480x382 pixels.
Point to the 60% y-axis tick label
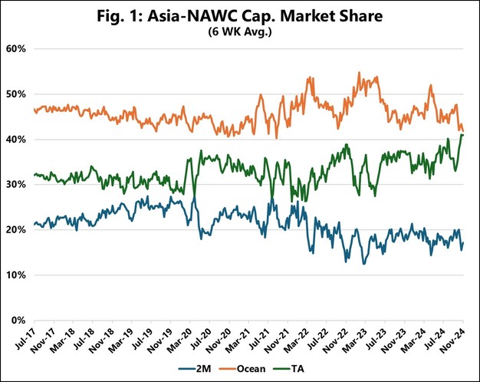click(x=17, y=49)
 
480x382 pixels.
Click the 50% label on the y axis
click(x=17, y=94)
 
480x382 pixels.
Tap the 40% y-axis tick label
click(x=17, y=140)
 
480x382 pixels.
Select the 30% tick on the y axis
click(x=17, y=185)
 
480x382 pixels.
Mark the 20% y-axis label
click(x=17, y=230)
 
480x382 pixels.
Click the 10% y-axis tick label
click(x=17, y=275)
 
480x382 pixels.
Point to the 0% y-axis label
click(x=19, y=320)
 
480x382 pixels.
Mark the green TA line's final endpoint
click(x=463, y=135)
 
